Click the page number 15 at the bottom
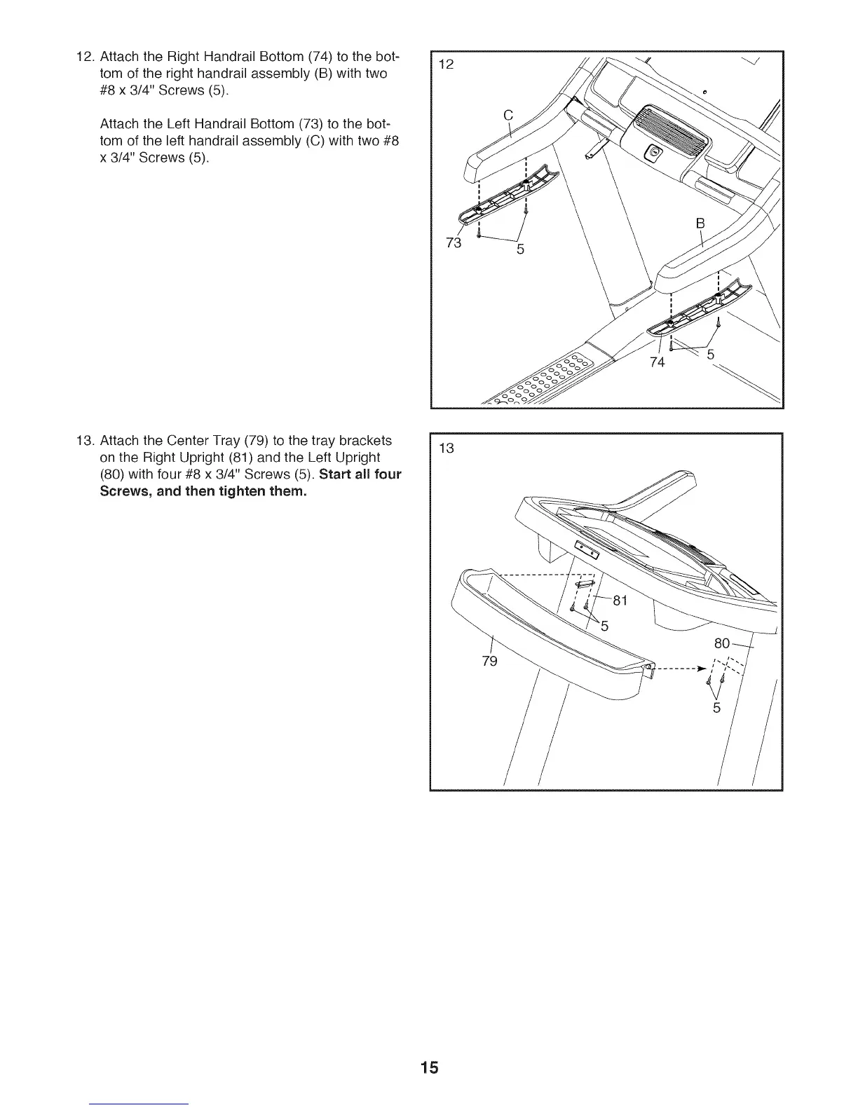point(430,1068)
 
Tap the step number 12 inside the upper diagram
point(446,65)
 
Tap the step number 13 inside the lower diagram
point(446,448)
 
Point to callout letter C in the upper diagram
point(509,116)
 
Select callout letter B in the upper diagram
point(699,224)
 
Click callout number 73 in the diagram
point(454,242)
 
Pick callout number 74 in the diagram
point(657,362)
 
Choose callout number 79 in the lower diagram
point(489,661)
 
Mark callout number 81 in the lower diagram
point(620,601)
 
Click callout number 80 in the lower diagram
point(722,643)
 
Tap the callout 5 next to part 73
point(519,249)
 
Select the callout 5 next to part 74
point(711,355)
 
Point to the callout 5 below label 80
point(716,708)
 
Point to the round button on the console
point(655,152)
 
